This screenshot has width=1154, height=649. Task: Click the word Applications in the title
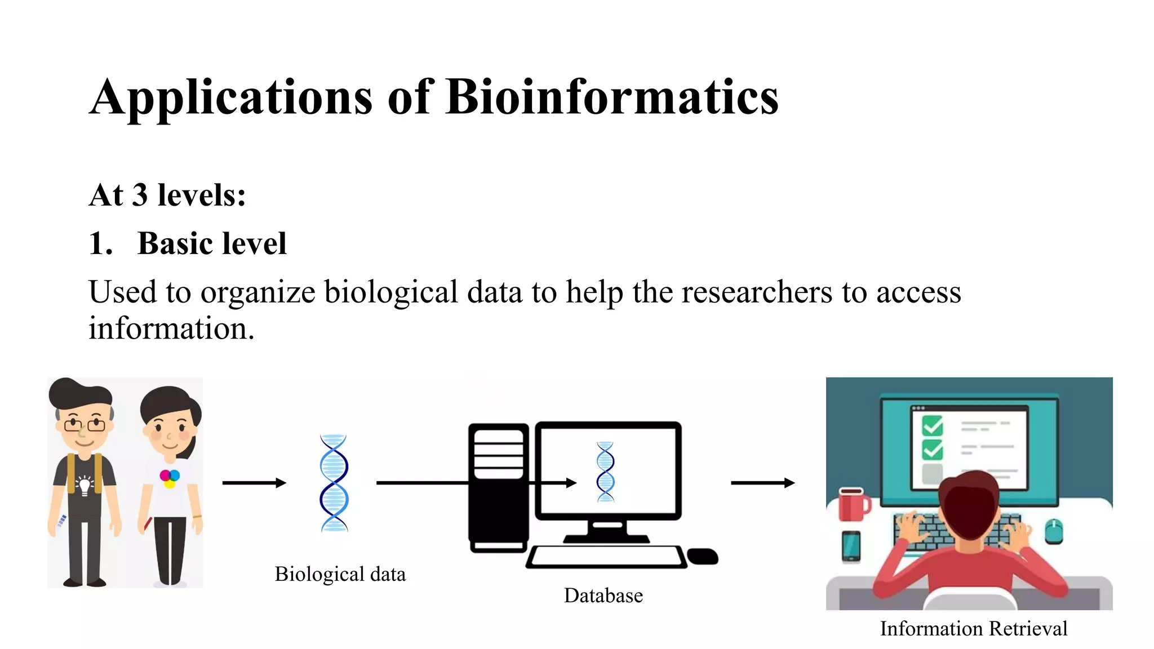[231, 99]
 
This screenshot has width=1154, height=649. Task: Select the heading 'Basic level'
[212, 243]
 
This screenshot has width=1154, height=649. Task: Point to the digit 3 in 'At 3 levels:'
[140, 195]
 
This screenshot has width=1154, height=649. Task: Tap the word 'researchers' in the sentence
[757, 292]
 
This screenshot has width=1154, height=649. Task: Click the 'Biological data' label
[340, 574]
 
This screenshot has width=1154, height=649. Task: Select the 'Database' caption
[603, 595]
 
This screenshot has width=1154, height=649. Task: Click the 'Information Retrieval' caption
[973, 628]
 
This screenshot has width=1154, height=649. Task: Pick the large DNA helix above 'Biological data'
[334, 483]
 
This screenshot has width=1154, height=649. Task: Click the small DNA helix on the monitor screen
[605, 472]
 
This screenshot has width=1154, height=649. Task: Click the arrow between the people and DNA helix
[254, 483]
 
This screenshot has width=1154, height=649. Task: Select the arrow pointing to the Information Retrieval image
[762, 483]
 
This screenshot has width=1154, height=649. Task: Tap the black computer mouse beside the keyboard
[703, 556]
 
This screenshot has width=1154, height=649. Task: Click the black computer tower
[498, 487]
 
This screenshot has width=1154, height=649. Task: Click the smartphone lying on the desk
[851, 546]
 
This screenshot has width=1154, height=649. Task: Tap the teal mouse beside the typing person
[1053, 531]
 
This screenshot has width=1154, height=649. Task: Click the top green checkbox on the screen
[932, 425]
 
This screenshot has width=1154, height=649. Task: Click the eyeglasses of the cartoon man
[85, 424]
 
